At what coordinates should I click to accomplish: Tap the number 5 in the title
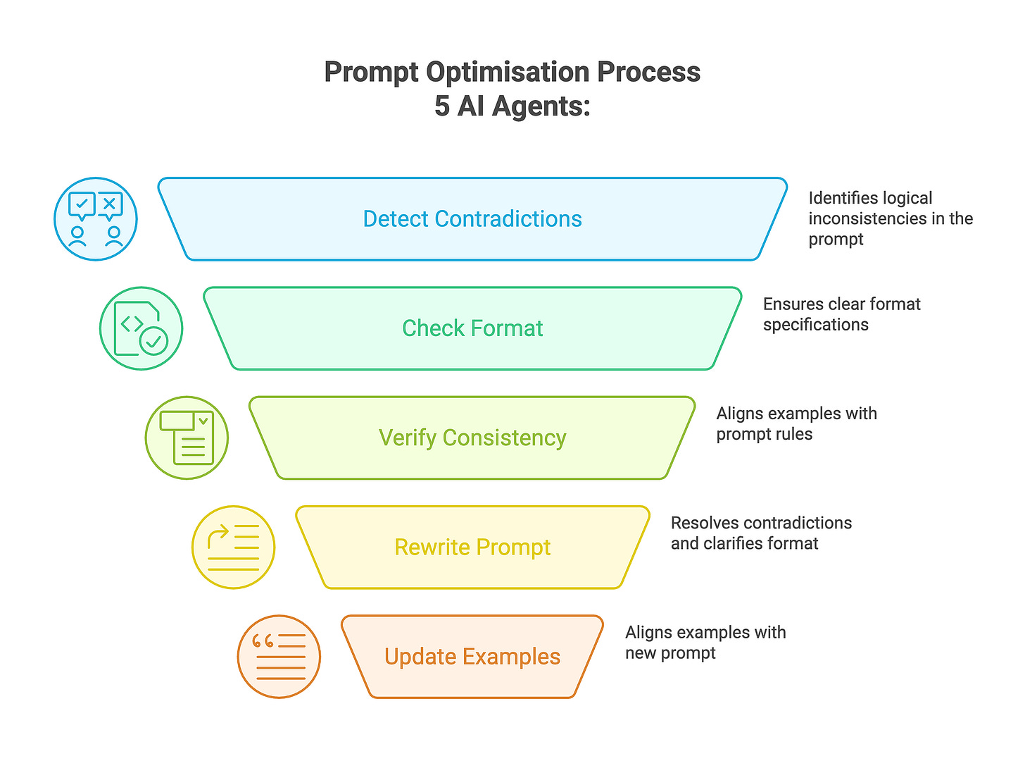click(441, 106)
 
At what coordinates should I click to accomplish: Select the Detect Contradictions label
click(472, 219)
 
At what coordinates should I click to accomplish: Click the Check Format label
click(472, 328)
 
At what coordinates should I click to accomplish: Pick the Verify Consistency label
click(472, 438)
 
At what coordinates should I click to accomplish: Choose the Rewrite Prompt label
click(472, 547)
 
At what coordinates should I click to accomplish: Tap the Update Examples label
click(472, 657)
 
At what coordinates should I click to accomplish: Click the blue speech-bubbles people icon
click(96, 219)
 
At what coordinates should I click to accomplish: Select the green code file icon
click(141, 328)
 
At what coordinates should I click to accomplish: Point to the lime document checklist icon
click(187, 438)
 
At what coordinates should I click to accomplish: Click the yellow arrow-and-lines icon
click(233, 547)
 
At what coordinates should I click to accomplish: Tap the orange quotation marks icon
click(279, 657)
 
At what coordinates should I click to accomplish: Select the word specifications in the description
click(816, 325)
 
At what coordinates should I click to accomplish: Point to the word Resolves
click(704, 523)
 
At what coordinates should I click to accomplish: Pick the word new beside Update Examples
click(640, 653)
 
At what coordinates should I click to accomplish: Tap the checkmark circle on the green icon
click(154, 341)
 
